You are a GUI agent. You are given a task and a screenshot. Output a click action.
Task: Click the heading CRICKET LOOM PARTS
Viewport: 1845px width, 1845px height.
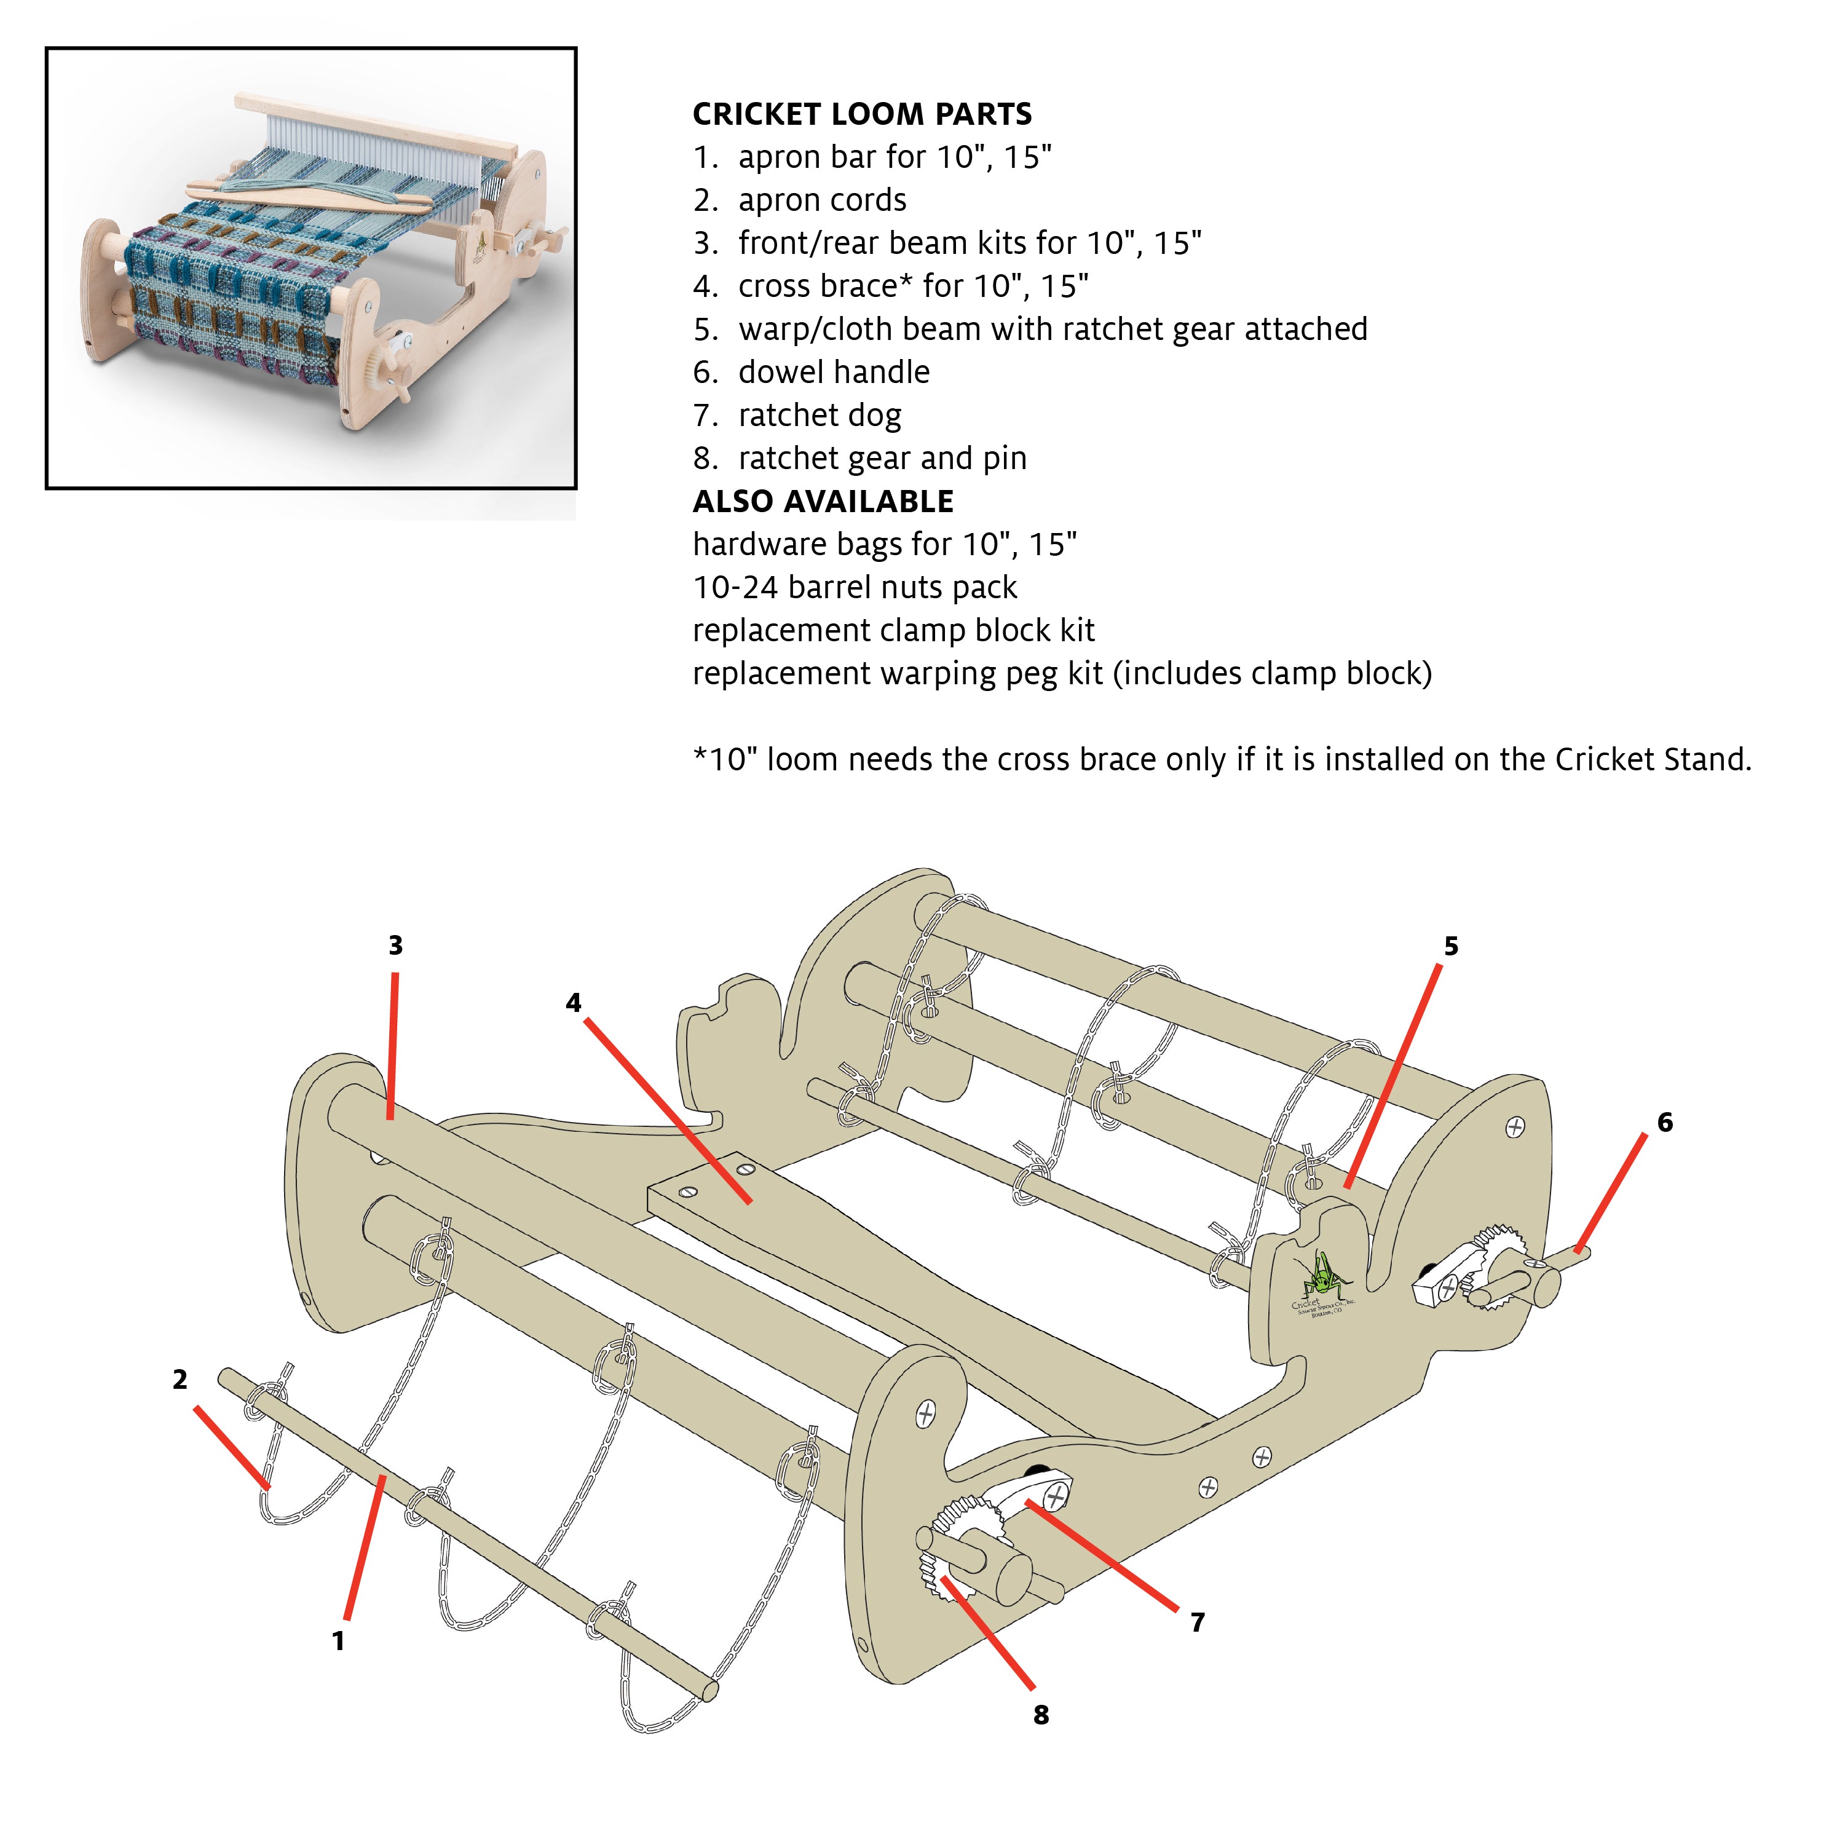[861, 114]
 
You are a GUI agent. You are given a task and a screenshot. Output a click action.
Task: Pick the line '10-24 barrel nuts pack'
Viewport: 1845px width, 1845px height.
[855, 587]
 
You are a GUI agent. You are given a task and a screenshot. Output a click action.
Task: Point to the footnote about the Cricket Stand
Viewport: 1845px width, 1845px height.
[1222, 759]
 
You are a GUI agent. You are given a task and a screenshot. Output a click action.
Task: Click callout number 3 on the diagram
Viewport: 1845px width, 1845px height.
[395, 946]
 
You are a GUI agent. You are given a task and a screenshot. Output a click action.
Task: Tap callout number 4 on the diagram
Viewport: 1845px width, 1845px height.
[573, 1003]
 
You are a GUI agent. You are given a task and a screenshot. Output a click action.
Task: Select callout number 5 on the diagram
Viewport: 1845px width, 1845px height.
[1450, 946]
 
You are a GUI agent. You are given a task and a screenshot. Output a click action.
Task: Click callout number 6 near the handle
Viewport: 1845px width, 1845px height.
[1664, 1122]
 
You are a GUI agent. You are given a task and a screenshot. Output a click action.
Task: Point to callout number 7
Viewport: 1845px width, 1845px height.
[1198, 1622]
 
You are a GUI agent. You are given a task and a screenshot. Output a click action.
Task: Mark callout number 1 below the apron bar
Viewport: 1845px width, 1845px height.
[338, 1641]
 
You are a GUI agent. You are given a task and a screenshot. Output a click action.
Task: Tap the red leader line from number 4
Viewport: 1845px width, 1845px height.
[668, 1108]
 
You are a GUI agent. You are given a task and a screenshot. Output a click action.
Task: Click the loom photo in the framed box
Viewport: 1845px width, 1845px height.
[311, 267]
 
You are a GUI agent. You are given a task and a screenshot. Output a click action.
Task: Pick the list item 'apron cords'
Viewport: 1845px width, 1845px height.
[821, 200]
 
